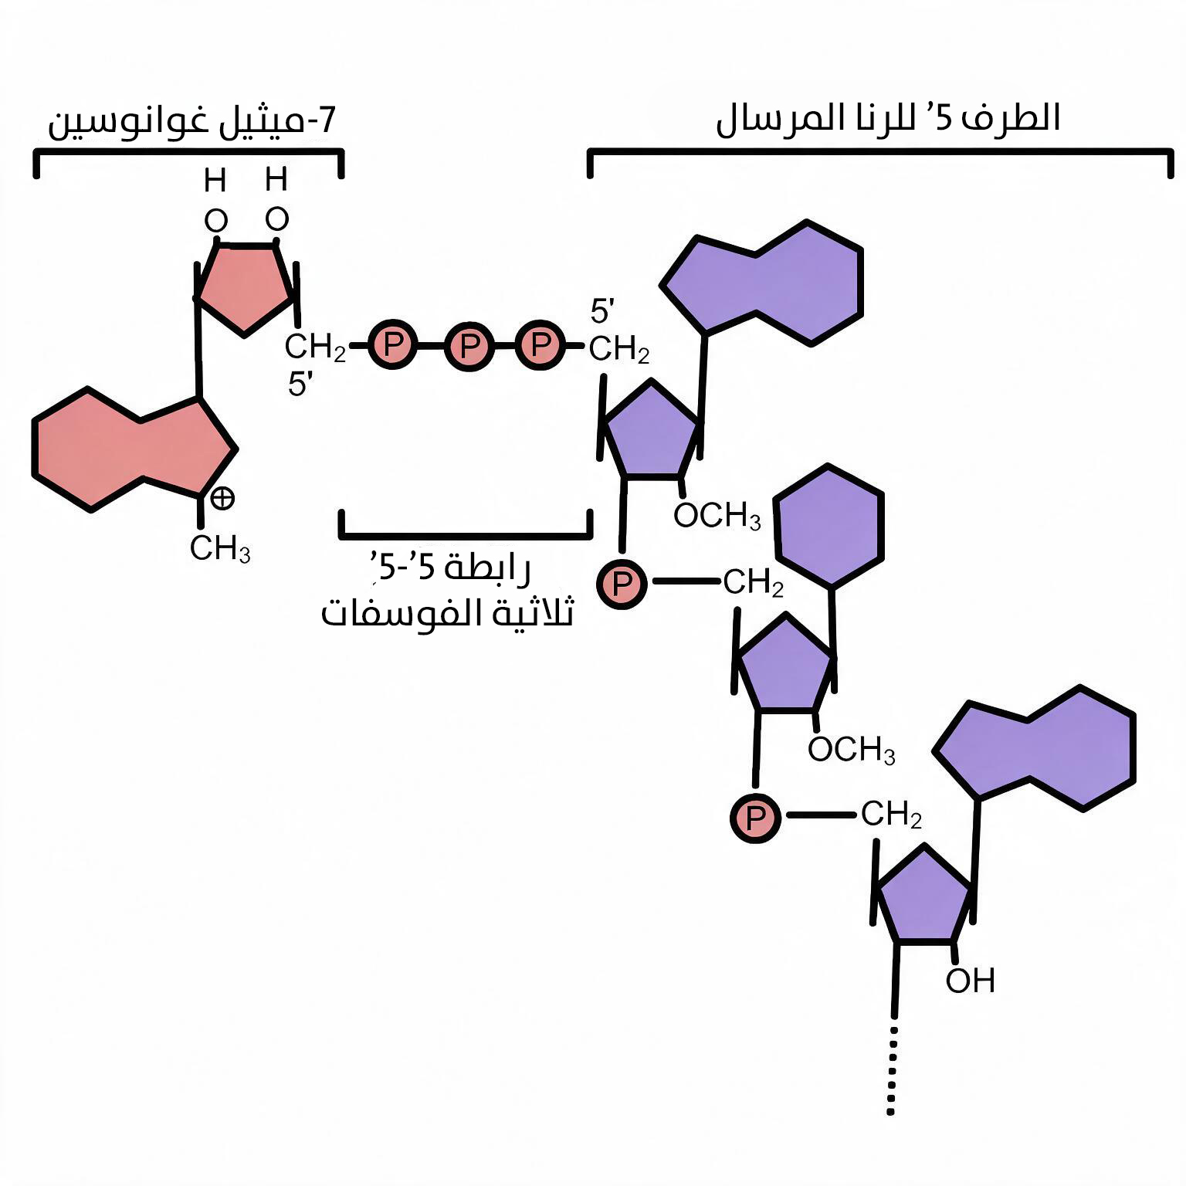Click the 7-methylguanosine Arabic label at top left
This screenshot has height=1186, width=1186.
(x=192, y=122)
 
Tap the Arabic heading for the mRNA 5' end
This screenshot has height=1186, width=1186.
(x=888, y=119)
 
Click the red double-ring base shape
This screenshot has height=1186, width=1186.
(x=134, y=449)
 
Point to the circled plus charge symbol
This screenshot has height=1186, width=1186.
(x=222, y=498)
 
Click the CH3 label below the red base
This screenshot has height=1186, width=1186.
(x=220, y=549)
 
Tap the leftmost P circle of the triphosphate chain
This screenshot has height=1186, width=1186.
(x=392, y=344)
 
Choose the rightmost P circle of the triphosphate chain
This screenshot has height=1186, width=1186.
(x=540, y=344)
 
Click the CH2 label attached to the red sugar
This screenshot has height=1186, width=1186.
(x=315, y=347)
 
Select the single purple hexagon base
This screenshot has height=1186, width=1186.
(x=829, y=526)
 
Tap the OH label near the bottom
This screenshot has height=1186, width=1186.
(x=970, y=981)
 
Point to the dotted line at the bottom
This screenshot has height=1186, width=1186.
(x=892, y=1070)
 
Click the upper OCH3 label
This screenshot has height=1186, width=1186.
(x=717, y=516)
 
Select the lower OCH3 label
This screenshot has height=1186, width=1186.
(x=852, y=749)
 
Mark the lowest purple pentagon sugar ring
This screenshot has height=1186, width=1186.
(x=924, y=896)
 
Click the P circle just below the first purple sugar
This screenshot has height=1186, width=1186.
(x=622, y=585)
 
